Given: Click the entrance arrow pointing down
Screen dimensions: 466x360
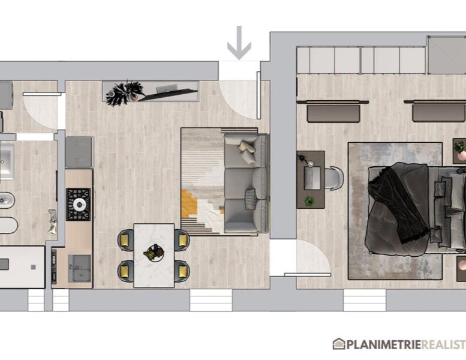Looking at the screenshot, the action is pos(239,43).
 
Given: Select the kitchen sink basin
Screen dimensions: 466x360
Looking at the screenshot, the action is pos(79,268).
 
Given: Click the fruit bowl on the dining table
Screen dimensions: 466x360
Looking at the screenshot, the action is pos(154,253).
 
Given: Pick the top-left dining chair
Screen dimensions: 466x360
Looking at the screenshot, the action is pos(126,240).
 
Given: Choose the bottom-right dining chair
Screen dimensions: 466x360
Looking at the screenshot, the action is pos(182,271).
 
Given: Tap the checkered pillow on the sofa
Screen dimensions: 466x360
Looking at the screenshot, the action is pos(250,195).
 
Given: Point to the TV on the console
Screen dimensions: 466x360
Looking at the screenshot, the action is pos(168,95).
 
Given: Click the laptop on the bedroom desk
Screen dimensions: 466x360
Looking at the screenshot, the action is pos(312,178).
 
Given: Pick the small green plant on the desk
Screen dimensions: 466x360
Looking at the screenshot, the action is pos(309,201).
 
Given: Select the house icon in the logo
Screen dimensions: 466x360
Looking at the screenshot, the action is pos(339,344).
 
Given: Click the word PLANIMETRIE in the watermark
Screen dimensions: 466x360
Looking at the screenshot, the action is pos(384,345).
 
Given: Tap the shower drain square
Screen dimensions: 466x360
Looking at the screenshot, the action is pos(34,267).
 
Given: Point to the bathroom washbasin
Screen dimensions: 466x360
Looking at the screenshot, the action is pos(7,161).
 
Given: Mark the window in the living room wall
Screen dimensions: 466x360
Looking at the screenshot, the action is pos(211,300).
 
